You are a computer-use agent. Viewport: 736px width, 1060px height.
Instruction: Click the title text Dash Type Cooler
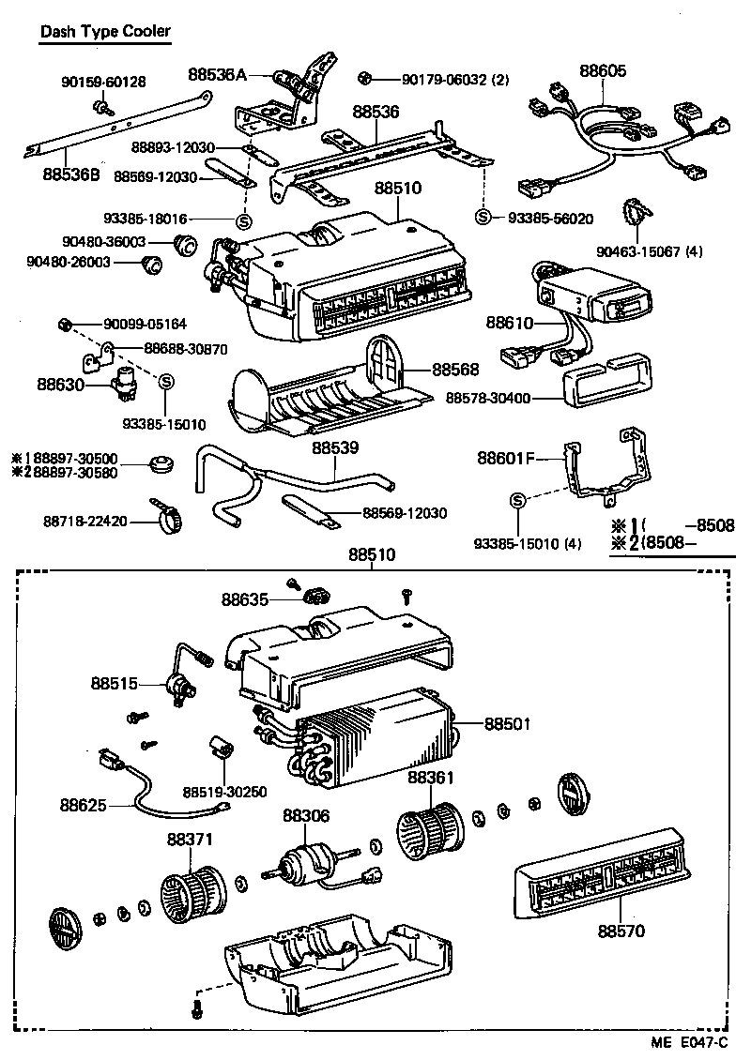coord(105,31)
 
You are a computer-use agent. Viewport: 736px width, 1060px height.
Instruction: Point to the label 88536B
coord(72,174)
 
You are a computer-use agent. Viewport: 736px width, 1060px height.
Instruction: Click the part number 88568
coord(456,370)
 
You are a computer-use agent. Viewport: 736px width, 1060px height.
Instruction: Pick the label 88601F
coord(505,459)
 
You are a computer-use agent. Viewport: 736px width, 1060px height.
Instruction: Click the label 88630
coord(61,384)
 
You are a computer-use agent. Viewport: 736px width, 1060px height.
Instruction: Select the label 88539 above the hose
coord(336,449)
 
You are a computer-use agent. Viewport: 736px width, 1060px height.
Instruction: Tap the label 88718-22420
coord(85,520)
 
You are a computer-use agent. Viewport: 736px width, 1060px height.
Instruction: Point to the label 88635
coord(245,598)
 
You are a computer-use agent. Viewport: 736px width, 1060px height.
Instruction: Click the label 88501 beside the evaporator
coord(508,724)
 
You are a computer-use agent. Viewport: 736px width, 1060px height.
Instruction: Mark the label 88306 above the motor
coord(306,817)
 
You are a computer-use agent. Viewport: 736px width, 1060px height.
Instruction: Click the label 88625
coord(83,805)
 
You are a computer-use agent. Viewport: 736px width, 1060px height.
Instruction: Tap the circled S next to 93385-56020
coord(483,218)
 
